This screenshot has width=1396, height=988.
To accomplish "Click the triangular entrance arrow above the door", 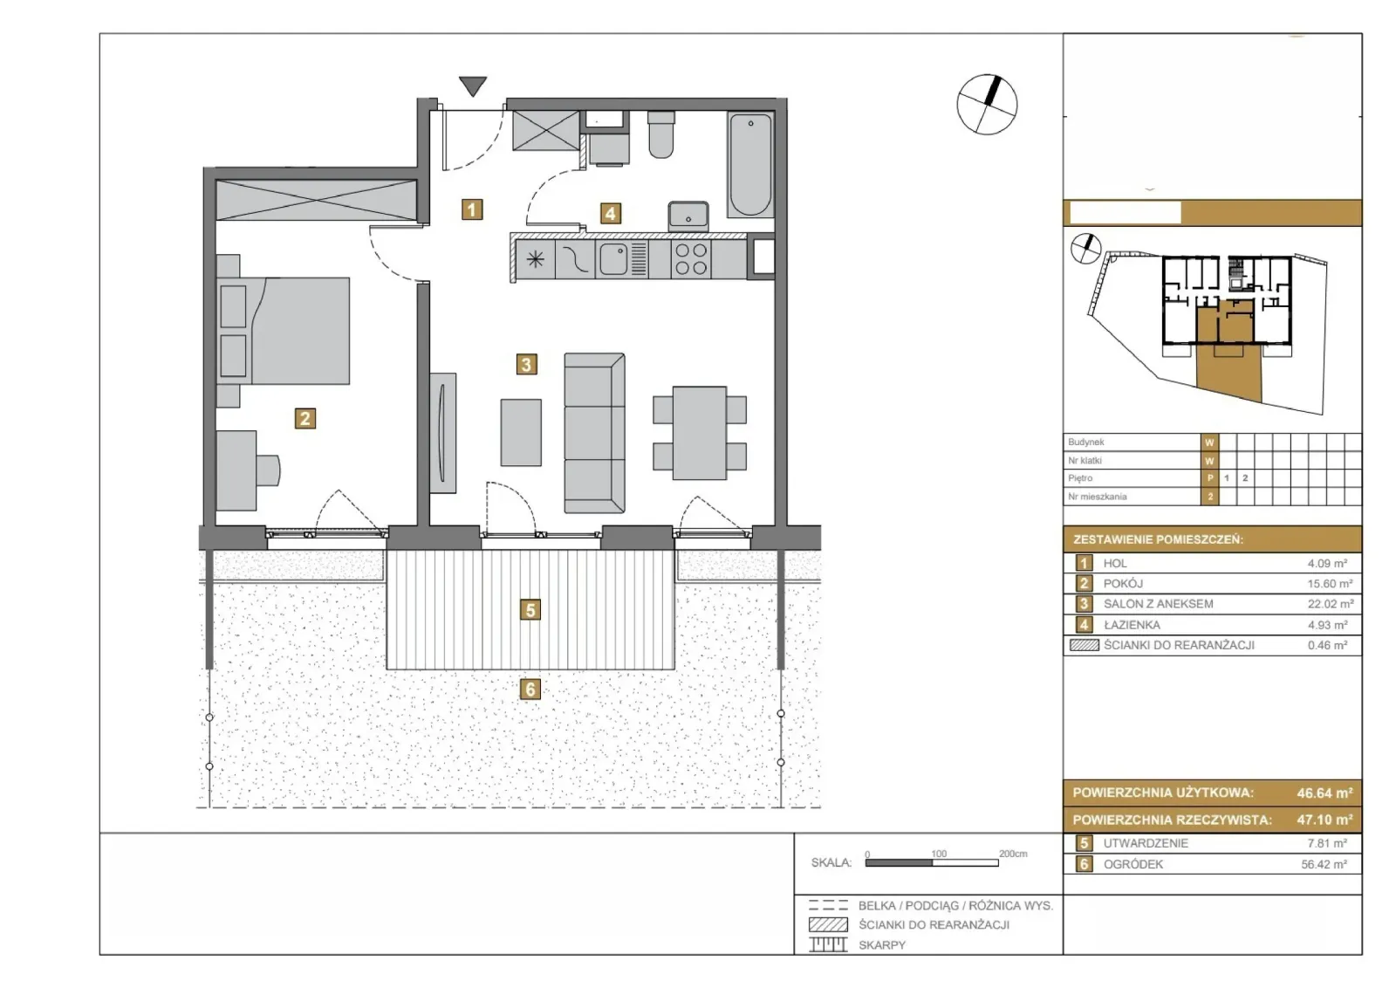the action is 473,86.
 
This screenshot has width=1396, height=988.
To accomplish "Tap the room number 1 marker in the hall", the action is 472,209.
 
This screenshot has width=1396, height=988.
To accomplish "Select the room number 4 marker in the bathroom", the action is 610,214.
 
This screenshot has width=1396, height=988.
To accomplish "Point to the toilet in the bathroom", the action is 661,134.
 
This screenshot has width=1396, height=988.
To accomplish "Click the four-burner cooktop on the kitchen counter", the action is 691,259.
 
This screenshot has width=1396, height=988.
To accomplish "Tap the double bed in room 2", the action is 283,331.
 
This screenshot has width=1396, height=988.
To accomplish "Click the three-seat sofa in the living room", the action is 594,433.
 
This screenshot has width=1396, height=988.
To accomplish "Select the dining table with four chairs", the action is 700,433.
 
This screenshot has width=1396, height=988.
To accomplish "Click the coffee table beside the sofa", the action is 521,433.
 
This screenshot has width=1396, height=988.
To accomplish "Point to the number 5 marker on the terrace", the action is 530,609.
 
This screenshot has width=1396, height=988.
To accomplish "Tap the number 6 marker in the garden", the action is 530,689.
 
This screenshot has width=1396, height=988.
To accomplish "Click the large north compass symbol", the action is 987,105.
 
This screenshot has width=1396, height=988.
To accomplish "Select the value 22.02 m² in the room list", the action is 1330,604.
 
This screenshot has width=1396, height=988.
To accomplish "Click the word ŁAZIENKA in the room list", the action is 1132,625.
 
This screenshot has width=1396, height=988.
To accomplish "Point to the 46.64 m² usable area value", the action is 1324,792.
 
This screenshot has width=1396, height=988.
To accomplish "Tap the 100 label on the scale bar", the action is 939,854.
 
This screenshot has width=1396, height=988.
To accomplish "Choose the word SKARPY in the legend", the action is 882,945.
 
